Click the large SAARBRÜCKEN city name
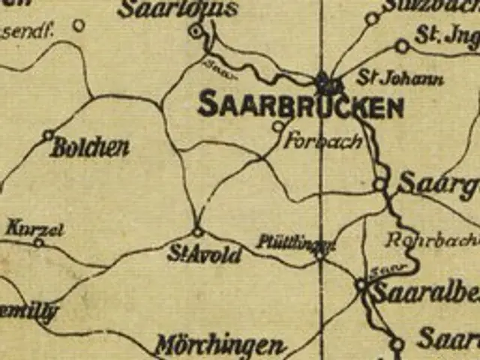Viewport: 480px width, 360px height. point(300,106)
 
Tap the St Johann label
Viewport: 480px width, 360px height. point(389,79)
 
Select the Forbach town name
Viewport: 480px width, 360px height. point(324,141)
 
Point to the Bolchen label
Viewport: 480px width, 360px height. point(90,147)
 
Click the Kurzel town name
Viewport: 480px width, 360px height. point(34,227)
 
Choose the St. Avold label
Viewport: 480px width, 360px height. point(205,255)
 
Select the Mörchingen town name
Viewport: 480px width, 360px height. point(219,346)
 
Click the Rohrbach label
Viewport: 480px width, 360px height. point(431,241)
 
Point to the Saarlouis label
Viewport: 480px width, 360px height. point(178,9)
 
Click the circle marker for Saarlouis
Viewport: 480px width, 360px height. point(196,31)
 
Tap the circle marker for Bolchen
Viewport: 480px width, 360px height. point(48,135)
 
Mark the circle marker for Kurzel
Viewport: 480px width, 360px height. point(38,242)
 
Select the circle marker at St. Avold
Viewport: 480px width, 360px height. point(198,232)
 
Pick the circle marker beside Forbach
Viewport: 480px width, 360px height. point(277,126)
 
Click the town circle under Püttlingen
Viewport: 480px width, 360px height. point(320,255)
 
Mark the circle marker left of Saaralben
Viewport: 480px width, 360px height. point(361,285)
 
